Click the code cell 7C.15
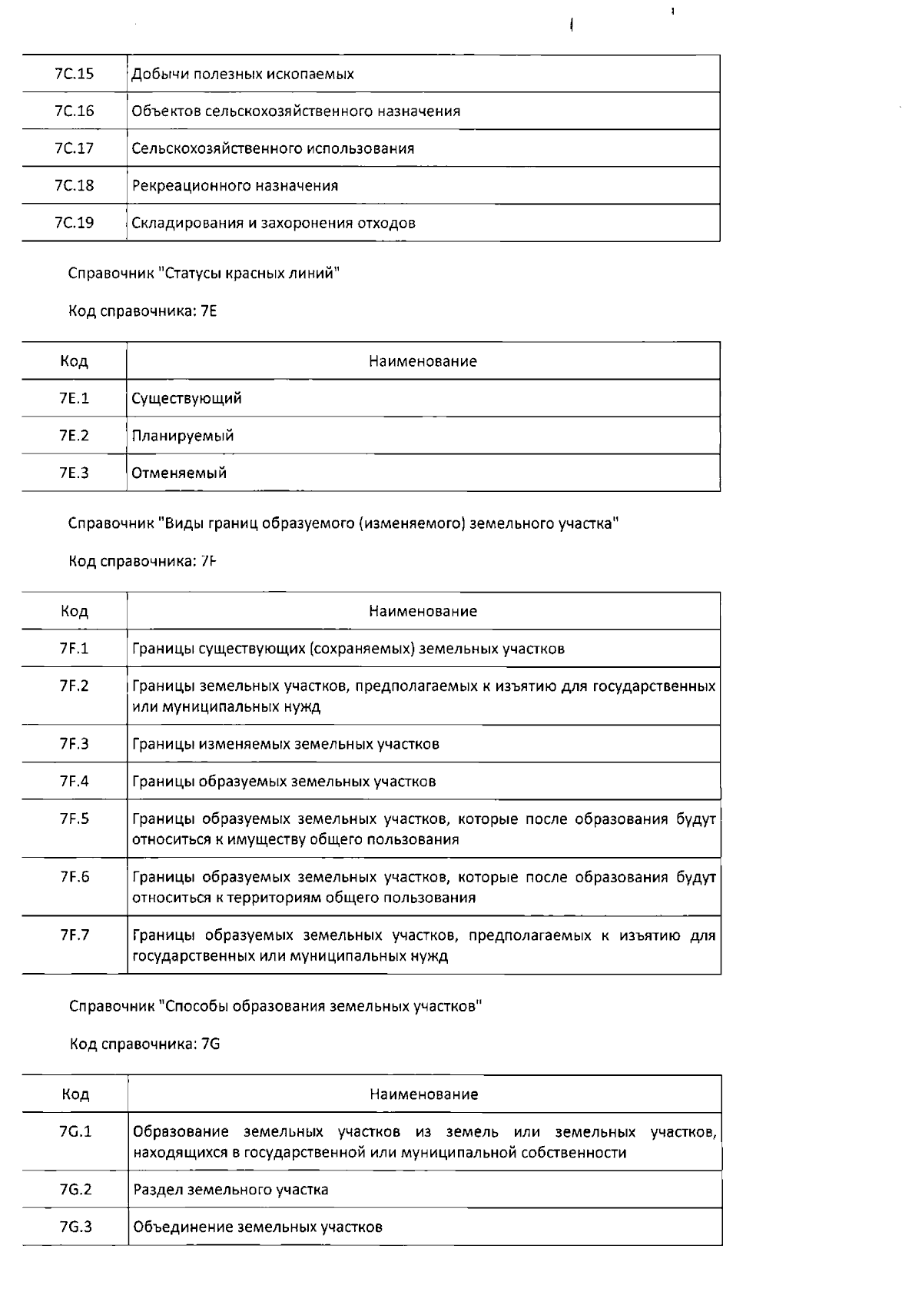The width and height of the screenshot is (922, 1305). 75,74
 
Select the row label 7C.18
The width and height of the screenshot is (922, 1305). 75,185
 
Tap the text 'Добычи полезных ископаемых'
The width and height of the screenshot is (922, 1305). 243,75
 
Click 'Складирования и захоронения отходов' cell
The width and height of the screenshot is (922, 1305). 274,223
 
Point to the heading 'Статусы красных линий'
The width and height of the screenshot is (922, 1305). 204,274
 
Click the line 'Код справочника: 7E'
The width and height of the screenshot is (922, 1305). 143,311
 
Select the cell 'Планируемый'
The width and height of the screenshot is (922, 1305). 183,436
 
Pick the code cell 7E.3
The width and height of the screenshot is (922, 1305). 75,473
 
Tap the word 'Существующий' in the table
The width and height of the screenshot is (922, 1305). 187,398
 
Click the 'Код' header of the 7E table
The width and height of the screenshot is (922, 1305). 75,361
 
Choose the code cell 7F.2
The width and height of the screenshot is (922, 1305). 75,686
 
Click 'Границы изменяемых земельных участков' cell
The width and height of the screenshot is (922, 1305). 286,744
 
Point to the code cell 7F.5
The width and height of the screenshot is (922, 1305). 75,819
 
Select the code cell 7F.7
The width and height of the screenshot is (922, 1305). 75,935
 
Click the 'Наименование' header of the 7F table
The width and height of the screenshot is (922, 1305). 423,612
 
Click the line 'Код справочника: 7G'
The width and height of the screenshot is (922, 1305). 145,1044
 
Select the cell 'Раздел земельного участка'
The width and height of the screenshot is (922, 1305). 230,1190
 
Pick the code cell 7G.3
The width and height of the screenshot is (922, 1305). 75,1227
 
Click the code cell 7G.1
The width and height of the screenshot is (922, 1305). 75,1132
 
